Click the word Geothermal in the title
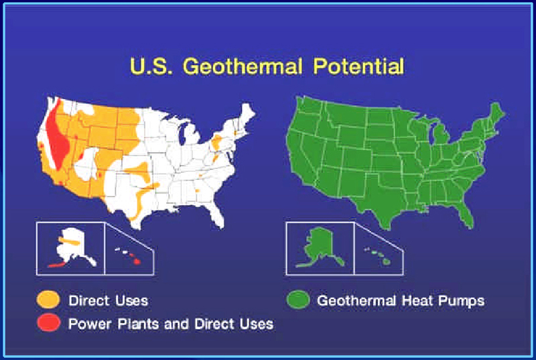[x=243, y=66]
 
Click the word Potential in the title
[x=358, y=66]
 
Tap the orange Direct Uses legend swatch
[x=48, y=300]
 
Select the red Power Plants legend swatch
[x=48, y=322]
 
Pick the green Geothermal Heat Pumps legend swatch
[x=298, y=300]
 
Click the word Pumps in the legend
[x=461, y=301]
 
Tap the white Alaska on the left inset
[x=74, y=245]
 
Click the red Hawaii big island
[x=137, y=261]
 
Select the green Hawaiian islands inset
[x=379, y=256]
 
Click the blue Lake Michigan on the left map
[x=183, y=134]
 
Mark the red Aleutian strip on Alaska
[x=59, y=264]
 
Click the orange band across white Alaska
[x=70, y=241]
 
